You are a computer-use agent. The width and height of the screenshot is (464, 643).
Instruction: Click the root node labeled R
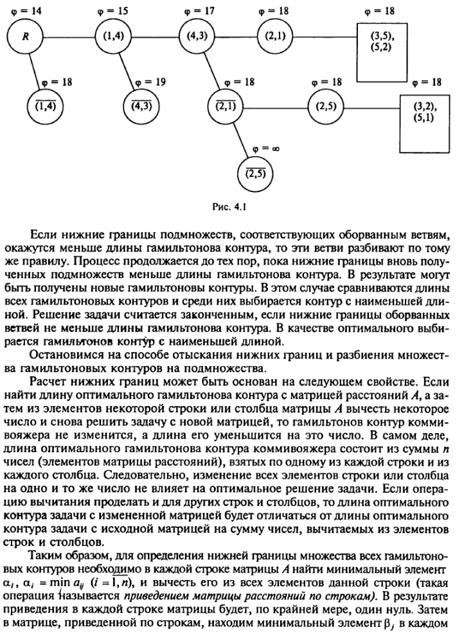(x=26, y=37)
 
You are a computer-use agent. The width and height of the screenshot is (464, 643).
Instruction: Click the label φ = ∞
(x=265, y=148)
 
